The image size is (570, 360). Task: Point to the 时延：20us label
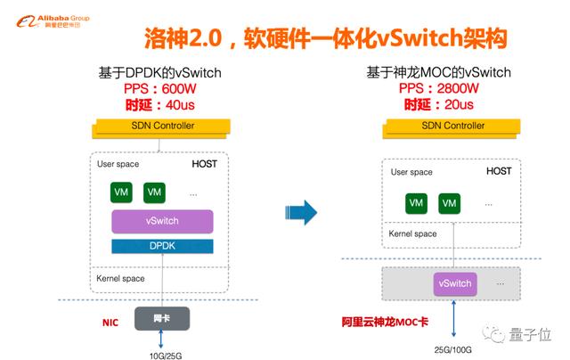pyautogui.click(x=439, y=104)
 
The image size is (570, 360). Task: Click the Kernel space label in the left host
pyautogui.click(x=120, y=279)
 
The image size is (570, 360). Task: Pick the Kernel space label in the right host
pyautogui.click(x=414, y=233)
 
